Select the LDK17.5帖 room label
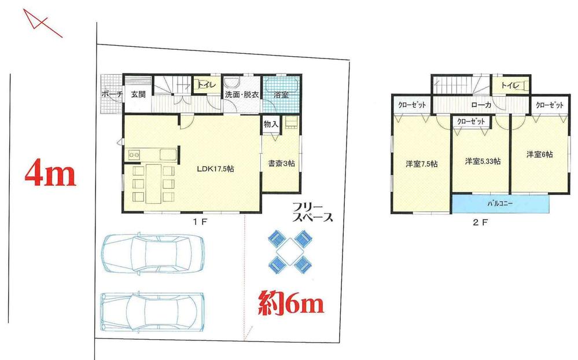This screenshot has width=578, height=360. (x=214, y=168)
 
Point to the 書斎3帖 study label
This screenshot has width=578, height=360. (x=281, y=164)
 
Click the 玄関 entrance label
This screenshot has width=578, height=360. (x=138, y=94)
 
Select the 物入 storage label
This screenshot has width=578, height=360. (x=271, y=124)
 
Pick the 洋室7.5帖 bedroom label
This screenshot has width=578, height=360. (x=421, y=164)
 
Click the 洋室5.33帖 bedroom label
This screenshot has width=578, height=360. (x=483, y=161)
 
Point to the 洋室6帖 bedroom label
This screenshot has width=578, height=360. (x=539, y=155)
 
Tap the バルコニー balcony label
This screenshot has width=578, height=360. (x=499, y=204)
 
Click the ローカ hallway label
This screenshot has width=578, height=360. (x=481, y=105)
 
